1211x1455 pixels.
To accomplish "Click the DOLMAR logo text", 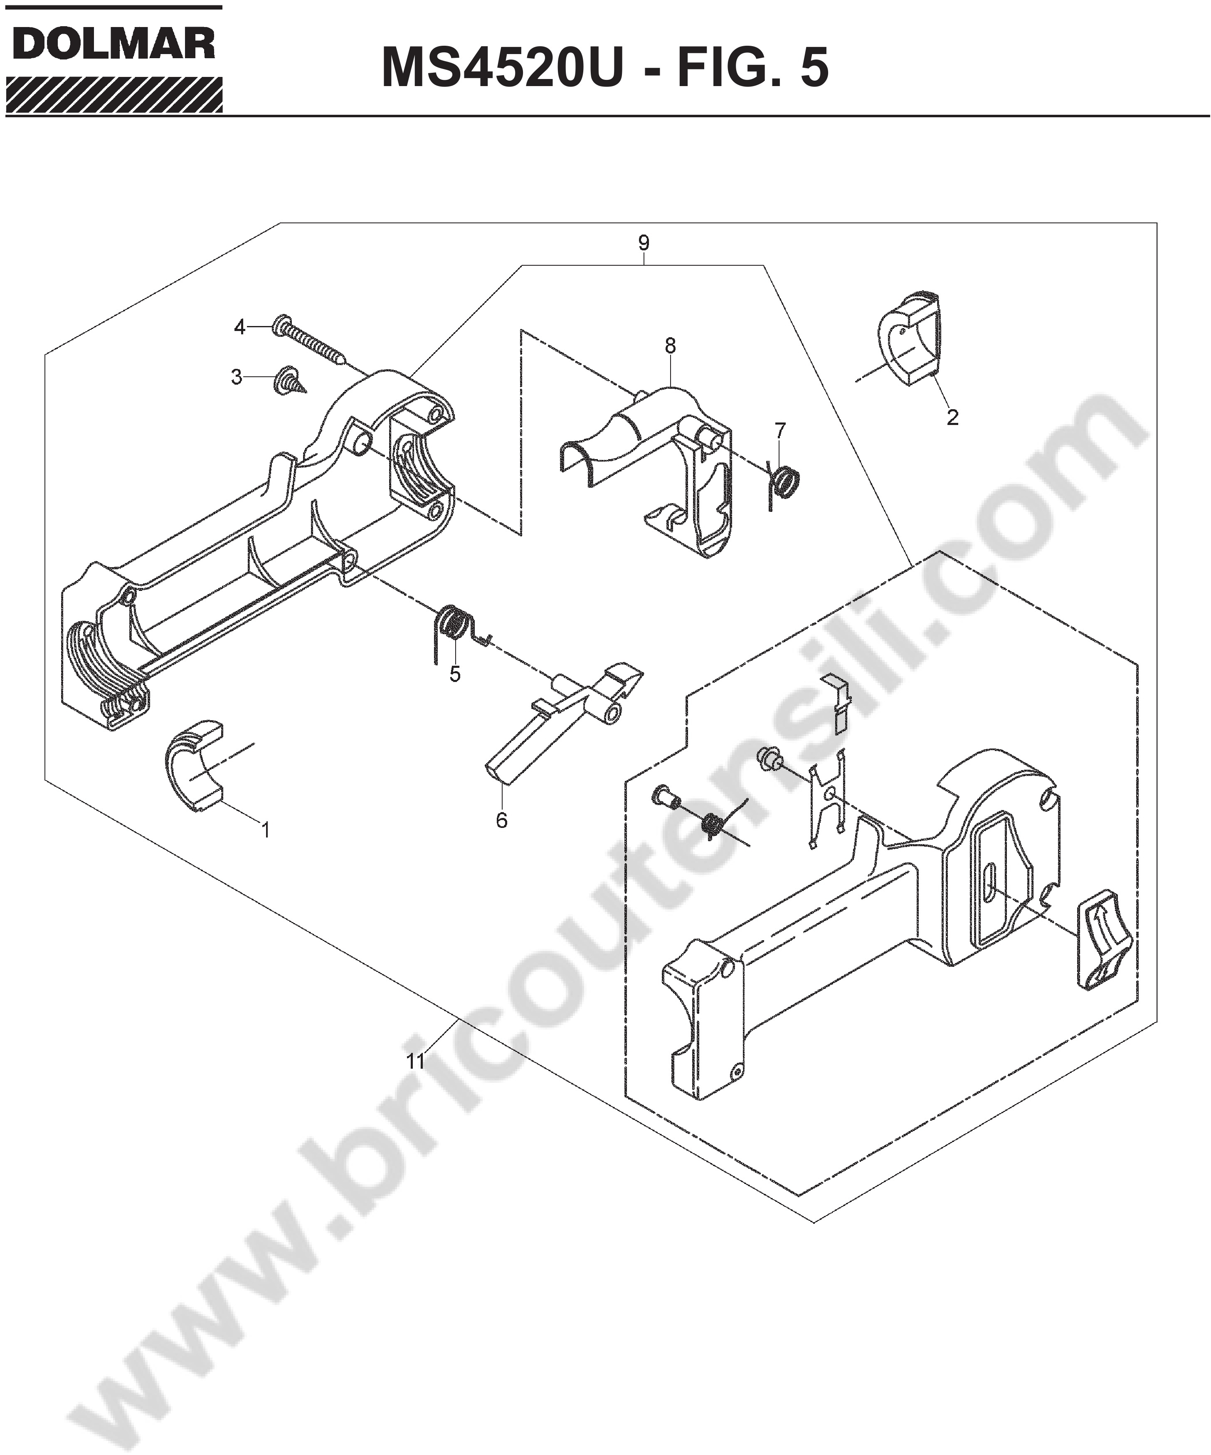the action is click(x=113, y=46).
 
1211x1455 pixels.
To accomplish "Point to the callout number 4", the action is click(x=240, y=327).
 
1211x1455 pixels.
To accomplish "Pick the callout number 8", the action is click(x=670, y=346).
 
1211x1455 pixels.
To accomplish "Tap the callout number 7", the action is click(x=781, y=430).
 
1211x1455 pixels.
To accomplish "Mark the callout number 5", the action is click(x=455, y=674).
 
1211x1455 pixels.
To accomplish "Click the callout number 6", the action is click(x=502, y=820).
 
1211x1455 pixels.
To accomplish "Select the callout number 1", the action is click(x=265, y=829).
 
